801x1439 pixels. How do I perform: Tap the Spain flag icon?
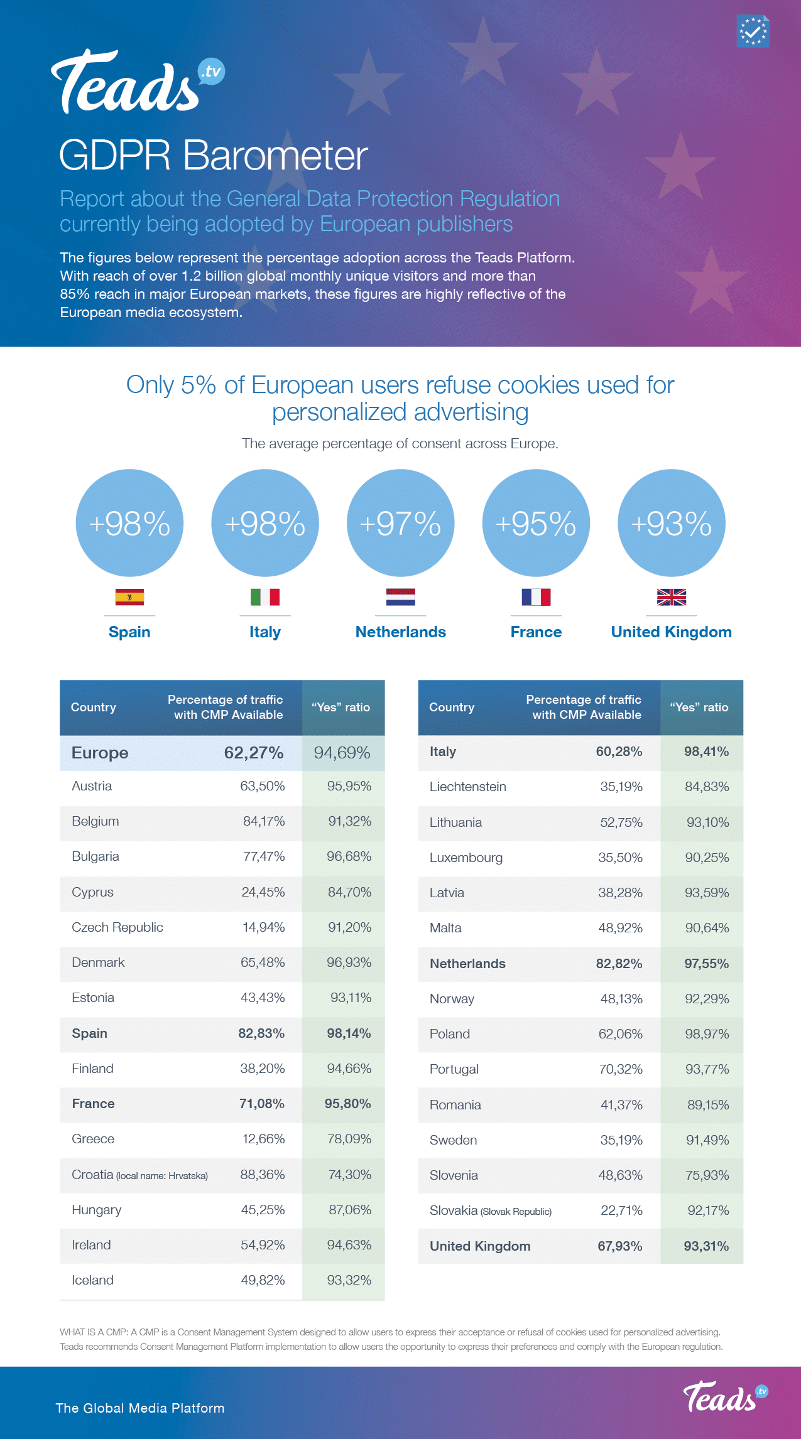tap(129, 596)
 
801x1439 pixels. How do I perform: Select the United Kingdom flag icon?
tap(671, 596)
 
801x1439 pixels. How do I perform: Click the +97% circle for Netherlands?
tap(400, 523)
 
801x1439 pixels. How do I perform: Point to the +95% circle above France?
tap(536, 523)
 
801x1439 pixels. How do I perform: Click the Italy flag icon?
tap(264, 596)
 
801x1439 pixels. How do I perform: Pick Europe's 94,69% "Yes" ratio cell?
tap(342, 752)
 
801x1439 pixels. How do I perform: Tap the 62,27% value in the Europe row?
tap(254, 752)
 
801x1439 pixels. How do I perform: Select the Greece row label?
tap(93, 1139)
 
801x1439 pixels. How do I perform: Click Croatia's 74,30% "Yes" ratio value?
tap(350, 1175)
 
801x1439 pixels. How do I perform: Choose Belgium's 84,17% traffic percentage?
tap(264, 821)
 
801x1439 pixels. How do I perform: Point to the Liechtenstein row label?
tap(467, 787)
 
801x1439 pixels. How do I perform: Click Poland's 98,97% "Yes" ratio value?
tap(707, 1034)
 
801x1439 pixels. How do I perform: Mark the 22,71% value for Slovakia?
tap(621, 1210)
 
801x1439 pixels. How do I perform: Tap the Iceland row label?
tap(92, 1280)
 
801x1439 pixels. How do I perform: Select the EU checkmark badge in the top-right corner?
tap(753, 31)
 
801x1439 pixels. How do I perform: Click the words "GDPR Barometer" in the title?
tap(214, 155)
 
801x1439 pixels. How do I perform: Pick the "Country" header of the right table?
tap(452, 707)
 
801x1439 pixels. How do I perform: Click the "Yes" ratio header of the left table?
tap(341, 707)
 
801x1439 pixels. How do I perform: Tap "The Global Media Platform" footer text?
tap(140, 1408)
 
